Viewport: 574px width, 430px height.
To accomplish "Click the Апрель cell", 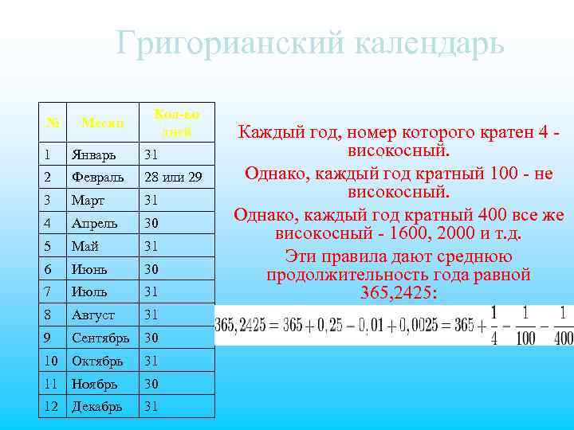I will pos(93,223).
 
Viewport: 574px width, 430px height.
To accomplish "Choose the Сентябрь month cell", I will pos(100,338).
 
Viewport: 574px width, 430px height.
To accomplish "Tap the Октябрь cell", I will pos(97,361).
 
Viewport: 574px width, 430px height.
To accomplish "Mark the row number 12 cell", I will pos(50,407).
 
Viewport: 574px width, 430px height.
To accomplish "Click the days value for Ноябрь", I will pos(151,384).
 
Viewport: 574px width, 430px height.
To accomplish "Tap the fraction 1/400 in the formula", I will pos(562,326).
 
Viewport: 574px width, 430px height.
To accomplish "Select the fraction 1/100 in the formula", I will pos(527,326).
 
